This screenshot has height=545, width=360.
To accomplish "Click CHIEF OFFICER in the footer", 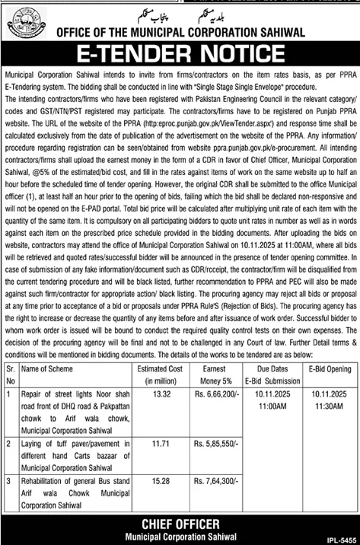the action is point(180,524).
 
